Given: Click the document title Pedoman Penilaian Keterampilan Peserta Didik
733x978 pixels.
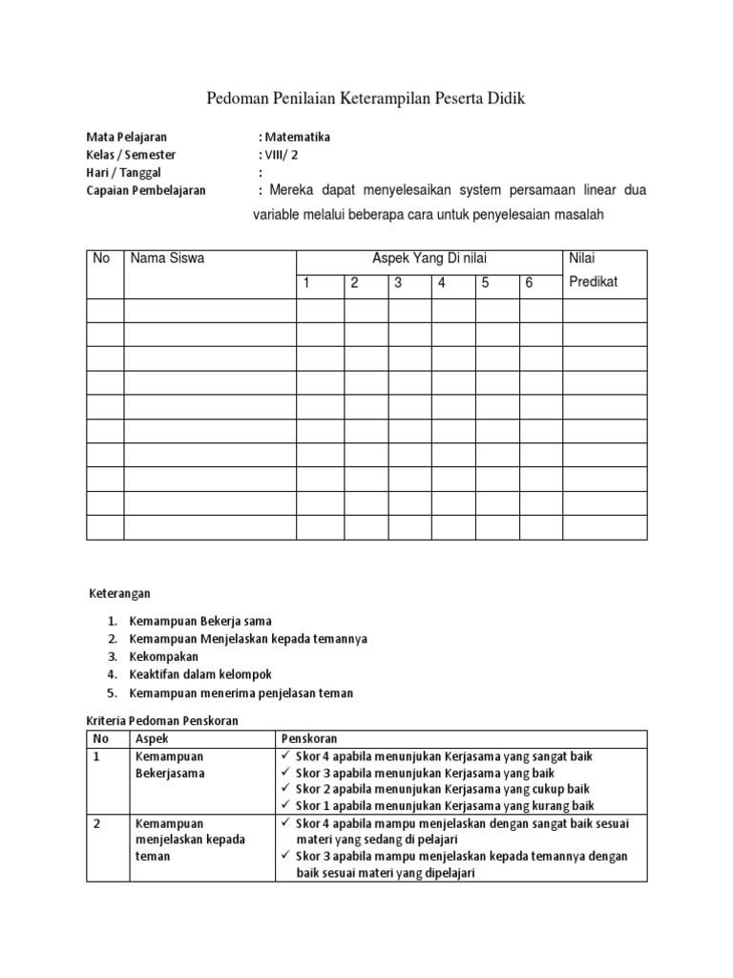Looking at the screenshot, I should (x=366, y=98).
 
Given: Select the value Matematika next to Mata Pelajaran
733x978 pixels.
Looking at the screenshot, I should (x=297, y=137).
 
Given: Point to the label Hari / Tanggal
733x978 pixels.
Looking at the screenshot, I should (x=124, y=173).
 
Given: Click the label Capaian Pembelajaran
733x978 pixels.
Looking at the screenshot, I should (x=146, y=191).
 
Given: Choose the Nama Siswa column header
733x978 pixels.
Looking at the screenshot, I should (x=167, y=258).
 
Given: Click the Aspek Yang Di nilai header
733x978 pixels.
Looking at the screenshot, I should (x=429, y=258).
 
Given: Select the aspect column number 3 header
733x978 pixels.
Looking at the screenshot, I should (x=398, y=283).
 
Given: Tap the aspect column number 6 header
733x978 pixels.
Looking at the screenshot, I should (x=529, y=283).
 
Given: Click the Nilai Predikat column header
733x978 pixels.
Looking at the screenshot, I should (x=593, y=270).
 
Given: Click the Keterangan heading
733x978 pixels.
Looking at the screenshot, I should (x=119, y=593).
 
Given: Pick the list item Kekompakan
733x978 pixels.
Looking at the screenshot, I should (x=164, y=657).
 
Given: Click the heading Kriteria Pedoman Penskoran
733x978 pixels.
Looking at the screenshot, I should (x=161, y=720).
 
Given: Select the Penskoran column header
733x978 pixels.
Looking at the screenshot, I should (x=309, y=739).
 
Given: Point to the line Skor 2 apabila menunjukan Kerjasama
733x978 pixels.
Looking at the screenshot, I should (x=443, y=789).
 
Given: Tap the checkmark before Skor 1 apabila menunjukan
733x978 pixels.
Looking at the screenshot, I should (x=287, y=806).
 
